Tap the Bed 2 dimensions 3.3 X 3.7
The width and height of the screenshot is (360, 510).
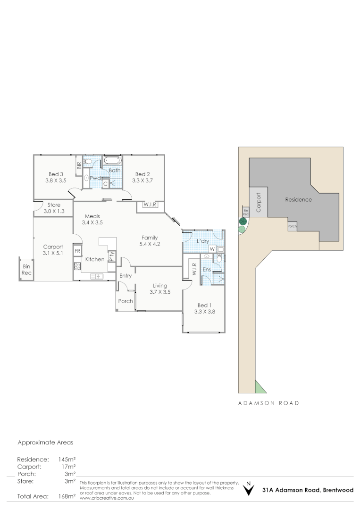point(142,180)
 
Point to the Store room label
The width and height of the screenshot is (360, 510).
point(55,205)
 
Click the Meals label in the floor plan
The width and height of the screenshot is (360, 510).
point(92,216)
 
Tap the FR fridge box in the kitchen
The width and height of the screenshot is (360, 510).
point(77,250)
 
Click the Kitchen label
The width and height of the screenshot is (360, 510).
point(94,259)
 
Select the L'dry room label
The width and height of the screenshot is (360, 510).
point(202,241)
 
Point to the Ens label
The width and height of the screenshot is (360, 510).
point(207,270)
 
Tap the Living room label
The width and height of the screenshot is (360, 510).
point(160,285)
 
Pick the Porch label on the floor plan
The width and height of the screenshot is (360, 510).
point(126,301)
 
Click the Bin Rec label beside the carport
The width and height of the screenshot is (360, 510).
point(27,270)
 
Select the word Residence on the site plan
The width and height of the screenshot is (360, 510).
point(299,200)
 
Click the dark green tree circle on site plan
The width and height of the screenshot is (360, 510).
point(243,221)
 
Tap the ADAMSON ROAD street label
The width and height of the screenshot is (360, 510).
point(268,403)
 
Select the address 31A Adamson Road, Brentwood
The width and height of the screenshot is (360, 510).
point(308,490)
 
